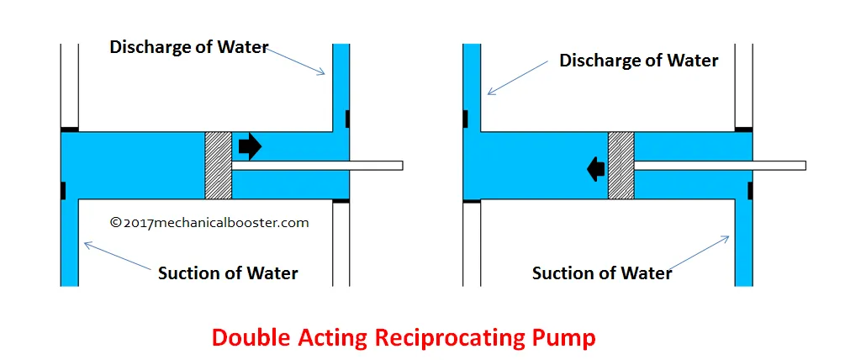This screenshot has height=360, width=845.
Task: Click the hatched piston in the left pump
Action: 218,165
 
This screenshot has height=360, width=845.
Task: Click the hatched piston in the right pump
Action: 621,165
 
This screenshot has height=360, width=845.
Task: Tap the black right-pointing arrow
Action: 250,146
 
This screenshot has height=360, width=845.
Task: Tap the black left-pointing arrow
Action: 596,169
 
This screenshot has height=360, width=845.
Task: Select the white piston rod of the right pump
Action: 719,165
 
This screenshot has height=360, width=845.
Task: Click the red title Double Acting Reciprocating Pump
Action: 404,337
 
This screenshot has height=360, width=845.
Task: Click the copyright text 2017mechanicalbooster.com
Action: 209,223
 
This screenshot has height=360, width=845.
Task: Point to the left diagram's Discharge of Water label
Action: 188,47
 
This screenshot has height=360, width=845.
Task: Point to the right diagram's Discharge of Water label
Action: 639,61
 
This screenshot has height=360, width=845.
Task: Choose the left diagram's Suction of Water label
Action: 228,273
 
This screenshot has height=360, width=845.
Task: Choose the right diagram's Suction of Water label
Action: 602,273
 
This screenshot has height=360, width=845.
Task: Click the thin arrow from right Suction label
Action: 701,252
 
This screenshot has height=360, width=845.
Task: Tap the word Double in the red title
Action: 246,337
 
